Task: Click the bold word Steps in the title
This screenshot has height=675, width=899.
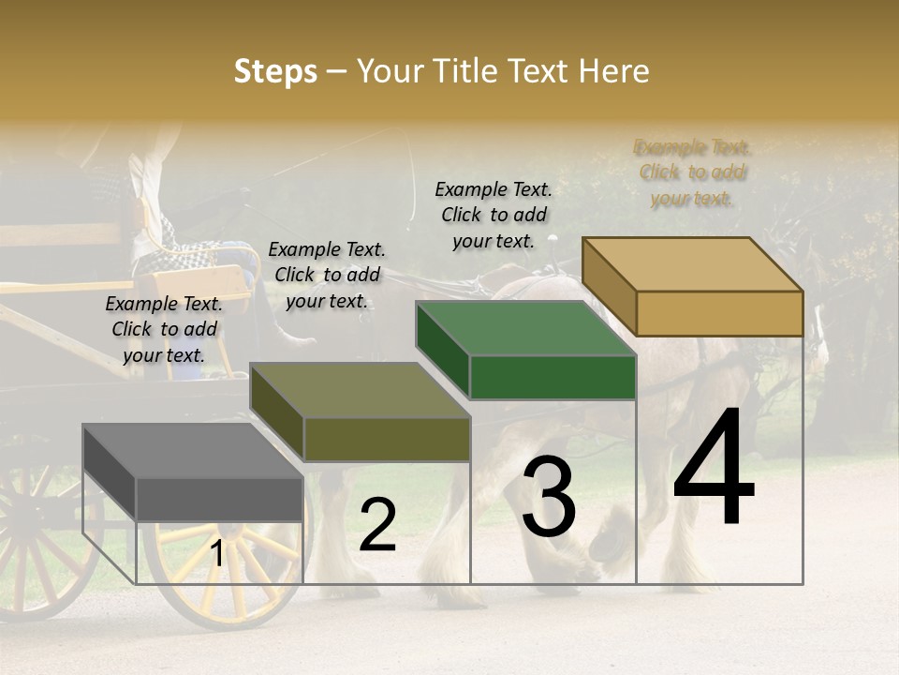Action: tap(275, 71)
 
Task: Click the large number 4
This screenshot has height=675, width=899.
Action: tap(714, 469)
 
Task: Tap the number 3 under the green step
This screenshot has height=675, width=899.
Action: tap(549, 499)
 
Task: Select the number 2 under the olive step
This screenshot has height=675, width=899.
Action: tap(377, 526)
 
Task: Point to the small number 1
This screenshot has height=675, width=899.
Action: tap(216, 554)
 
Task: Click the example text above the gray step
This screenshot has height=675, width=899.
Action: tap(164, 329)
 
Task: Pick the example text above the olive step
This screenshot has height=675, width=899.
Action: tap(327, 275)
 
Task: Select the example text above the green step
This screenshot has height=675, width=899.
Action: tap(494, 215)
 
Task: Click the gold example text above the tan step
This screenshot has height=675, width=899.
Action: tap(693, 172)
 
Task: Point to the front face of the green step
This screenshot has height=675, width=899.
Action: tap(553, 378)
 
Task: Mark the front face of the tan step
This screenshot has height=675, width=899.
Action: tap(719, 313)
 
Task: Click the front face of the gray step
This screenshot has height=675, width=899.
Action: tap(219, 499)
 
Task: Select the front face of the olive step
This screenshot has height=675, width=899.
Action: tap(386, 439)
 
